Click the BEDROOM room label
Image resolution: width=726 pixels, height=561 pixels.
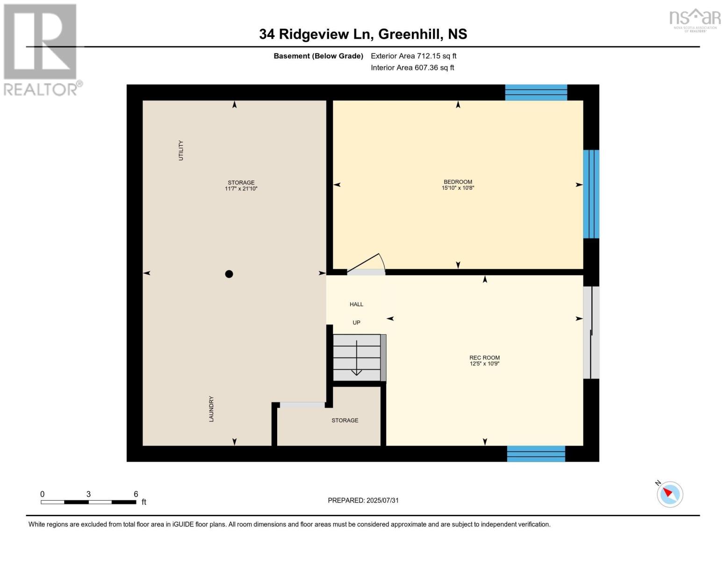tap(458, 182)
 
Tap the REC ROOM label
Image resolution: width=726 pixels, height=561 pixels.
tap(484, 358)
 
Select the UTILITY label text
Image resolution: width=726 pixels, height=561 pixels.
tap(181, 151)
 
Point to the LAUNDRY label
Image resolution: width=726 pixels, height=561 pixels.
tap(211, 409)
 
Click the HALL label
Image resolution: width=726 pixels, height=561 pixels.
tap(356, 304)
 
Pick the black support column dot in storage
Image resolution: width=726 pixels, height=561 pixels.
tap(229, 274)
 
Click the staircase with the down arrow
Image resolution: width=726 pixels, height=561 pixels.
tap(357, 358)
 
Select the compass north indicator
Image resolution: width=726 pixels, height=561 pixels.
tap(669, 494)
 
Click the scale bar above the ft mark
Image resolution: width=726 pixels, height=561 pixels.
tap(88, 502)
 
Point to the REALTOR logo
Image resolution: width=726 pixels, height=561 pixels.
tap(41, 49)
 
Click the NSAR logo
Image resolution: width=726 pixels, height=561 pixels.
tap(695, 19)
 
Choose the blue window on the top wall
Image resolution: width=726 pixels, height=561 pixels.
tap(536, 93)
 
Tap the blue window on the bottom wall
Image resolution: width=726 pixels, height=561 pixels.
tap(536, 454)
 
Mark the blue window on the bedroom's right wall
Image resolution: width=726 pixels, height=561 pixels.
tap(591, 194)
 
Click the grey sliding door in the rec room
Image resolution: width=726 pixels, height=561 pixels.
tap(591, 332)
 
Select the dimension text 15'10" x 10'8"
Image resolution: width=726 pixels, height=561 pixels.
tap(458, 188)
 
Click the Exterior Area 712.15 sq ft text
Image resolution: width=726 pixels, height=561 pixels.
tap(413, 56)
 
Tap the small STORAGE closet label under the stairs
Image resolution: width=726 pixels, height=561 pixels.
tap(345, 420)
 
